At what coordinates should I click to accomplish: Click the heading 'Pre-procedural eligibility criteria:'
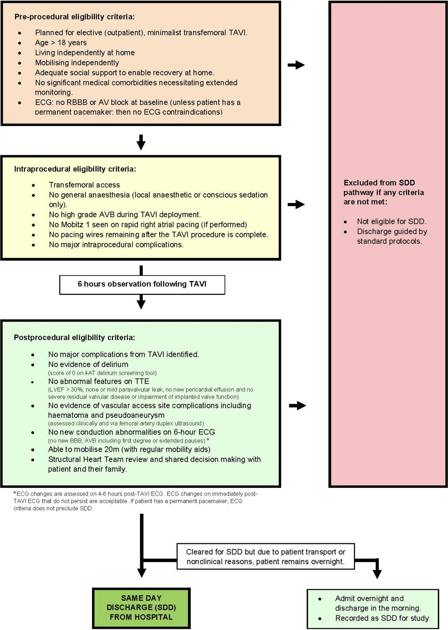coord(74,17)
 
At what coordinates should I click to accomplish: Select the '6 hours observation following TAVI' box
coord(142,284)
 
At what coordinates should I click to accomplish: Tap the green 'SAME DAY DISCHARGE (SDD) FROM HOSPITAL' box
coord(141,607)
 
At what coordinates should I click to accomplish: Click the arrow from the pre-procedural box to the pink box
coord(296,65)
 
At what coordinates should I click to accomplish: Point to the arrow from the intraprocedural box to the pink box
coord(296,204)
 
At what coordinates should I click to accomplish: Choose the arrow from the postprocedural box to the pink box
coord(297,406)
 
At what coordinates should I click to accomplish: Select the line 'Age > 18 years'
coord(61,43)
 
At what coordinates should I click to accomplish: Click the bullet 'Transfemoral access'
coord(84,185)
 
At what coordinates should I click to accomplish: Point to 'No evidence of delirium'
coord(88,364)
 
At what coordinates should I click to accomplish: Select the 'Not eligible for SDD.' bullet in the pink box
coord(391,221)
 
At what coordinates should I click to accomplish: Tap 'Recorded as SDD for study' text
coord(382,618)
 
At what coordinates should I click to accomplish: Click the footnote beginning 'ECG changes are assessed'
coord(135,501)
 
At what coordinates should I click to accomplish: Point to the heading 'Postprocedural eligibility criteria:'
coord(74,338)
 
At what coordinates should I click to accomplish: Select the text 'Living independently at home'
coord(85,53)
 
